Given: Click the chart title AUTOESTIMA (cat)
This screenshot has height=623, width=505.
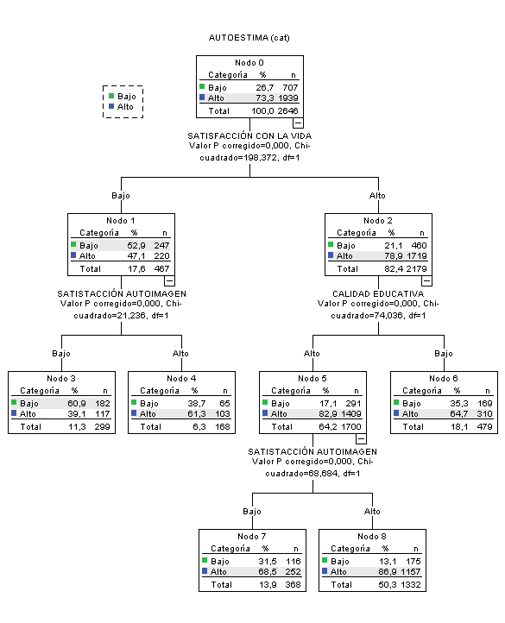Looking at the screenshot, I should (250, 39).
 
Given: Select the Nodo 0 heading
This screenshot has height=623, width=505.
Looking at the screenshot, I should (250, 64).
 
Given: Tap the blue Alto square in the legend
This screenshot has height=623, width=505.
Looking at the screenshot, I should (112, 107).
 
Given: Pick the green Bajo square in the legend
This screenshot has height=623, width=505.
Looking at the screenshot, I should (112, 97).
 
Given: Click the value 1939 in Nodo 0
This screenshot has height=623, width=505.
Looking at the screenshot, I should (290, 98).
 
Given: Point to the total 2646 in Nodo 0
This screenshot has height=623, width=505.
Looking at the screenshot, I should (290, 111).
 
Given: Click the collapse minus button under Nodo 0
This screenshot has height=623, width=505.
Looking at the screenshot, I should (298, 123).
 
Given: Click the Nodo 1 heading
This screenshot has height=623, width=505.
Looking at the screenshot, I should (122, 220).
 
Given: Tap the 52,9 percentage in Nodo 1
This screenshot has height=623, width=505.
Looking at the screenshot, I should (134, 245).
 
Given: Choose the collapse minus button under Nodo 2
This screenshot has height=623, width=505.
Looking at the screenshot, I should (426, 280).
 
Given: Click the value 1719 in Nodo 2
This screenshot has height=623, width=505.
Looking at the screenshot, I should (418, 256).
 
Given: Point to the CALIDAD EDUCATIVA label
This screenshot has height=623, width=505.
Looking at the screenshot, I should (378, 293).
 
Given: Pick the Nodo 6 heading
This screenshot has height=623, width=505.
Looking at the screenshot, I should (444, 379).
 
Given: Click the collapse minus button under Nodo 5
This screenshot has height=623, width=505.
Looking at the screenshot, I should (361, 438).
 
